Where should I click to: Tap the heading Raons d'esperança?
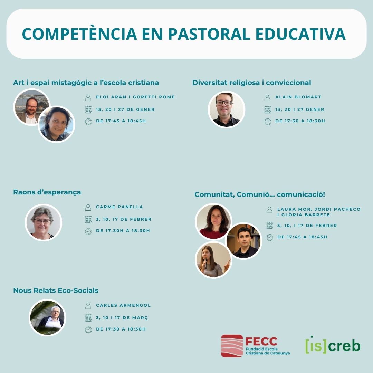click(x=47, y=192)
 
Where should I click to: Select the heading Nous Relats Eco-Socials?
click(x=56, y=290)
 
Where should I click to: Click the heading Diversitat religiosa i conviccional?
click(x=251, y=83)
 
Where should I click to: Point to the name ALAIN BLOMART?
click(x=298, y=97)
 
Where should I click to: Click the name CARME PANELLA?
click(x=119, y=207)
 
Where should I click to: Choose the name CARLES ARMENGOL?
click(x=123, y=305)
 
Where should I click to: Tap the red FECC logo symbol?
click(x=232, y=346)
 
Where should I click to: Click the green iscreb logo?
click(x=333, y=345)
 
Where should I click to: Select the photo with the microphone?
click(x=213, y=260)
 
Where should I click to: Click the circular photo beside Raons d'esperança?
click(x=44, y=222)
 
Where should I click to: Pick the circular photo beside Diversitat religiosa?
click(x=227, y=109)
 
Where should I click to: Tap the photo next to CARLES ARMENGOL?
click(x=47, y=317)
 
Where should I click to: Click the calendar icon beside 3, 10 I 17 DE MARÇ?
click(x=88, y=318)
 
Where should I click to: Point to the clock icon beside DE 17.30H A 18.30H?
click(x=88, y=231)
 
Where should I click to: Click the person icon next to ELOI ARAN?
click(x=88, y=97)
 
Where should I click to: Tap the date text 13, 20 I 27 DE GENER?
click(x=125, y=109)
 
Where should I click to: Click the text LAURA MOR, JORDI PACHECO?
click(x=318, y=209)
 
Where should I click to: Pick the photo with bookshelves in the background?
click(x=244, y=241)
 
